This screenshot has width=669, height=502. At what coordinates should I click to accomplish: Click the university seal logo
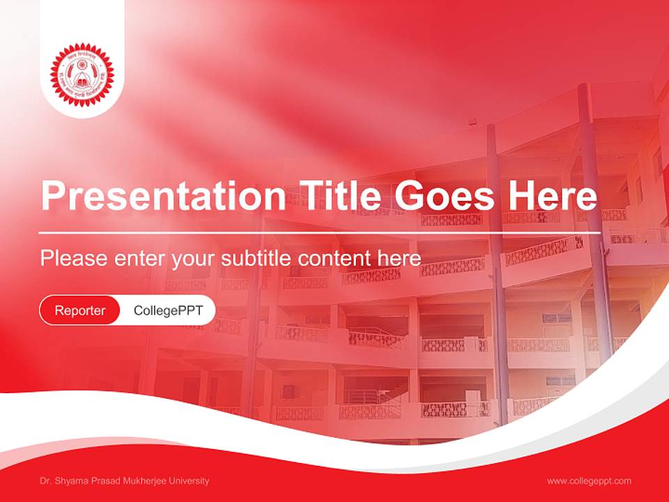pyautogui.click(x=82, y=75)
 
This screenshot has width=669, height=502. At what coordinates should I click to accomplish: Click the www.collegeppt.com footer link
pyautogui.click(x=589, y=481)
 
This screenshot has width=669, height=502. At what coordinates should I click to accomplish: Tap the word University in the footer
pyautogui.click(x=189, y=481)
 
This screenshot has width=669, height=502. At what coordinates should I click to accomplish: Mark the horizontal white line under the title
pyautogui.click(x=320, y=233)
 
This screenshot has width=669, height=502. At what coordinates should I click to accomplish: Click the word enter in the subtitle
pyautogui.click(x=139, y=259)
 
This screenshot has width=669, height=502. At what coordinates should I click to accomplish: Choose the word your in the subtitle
pyautogui.click(x=194, y=259)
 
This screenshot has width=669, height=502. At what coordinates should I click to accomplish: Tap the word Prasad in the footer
pyautogui.click(x=105, y=481)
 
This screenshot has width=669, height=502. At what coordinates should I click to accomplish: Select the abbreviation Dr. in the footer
pyautogui.click(x=45, y=481)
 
